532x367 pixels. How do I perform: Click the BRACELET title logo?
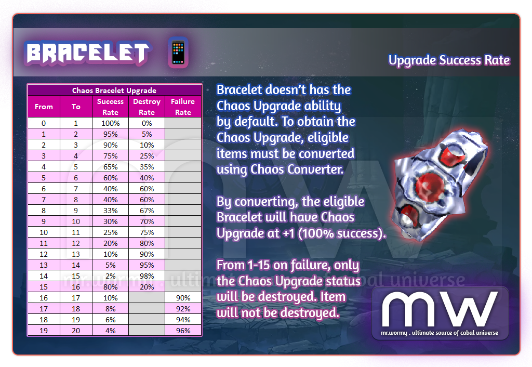pyautogui.click(x=87, y=53)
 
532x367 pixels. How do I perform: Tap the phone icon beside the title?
pyautogui.click(x=178, y=53)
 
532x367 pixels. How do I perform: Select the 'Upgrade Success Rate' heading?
pyautogui.click(x=449, y=60)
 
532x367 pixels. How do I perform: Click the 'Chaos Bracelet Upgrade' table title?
pyautogui.click(x=114, y=90)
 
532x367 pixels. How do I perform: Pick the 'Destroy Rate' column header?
pyautogui.click(x=147, y=107)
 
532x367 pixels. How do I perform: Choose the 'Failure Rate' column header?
pyautogui.click(x=183, y=107)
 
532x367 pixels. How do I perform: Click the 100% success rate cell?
pyautogui.click(x=111, y=123)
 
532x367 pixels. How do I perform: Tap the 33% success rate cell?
pyautogui.click(x=111, y=211)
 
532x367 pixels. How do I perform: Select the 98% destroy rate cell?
pyautogui.click(x=147, y=276)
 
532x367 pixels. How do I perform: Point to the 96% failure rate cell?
pyautogui.click(x=183, y=331)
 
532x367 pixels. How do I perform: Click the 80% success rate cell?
pyautogui.click(x=111, y=287)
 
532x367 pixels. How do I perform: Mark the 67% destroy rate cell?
pyautogui.click(x=147, y=211)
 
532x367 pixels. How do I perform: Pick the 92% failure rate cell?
pyautogui.click(x=183, y=309)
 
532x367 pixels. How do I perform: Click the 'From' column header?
pyautogui.click(x=44, y=107)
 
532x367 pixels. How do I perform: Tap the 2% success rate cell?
pyautogui.click(x=111, y=276)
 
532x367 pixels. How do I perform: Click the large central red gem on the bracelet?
pyautogui.click(x=430, y=186)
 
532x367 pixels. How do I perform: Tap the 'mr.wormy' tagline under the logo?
pyautogui.click(x=394, y=333)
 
